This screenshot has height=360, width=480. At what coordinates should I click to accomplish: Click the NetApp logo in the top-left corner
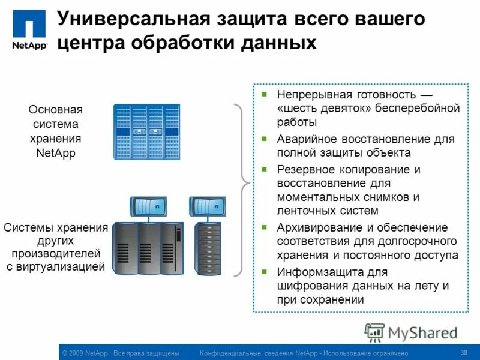click(x=29, y=30)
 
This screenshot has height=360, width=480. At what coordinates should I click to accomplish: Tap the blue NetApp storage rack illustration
click(x=146, y=132)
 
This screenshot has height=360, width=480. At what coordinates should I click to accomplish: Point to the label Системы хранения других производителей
click(x=56, y=247)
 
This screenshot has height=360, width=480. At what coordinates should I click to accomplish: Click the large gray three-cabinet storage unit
click(x=147, y=248)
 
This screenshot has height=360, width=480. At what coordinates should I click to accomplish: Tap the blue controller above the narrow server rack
click(x=207, y=206)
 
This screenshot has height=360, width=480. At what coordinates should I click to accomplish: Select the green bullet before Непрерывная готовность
click(x=264, y=95)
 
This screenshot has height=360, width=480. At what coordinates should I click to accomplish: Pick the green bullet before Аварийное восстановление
click(x=264, y=139)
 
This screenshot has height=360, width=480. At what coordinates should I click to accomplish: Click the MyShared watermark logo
click(x=411, y=332)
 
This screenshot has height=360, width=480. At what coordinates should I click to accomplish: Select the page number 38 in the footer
click(x=463, y=352)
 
